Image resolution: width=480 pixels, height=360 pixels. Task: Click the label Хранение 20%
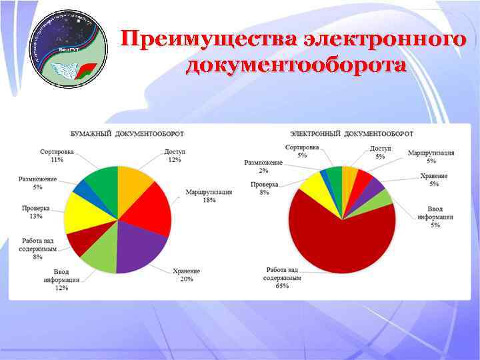186,275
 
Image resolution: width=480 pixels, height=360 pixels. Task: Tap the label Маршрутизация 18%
209,196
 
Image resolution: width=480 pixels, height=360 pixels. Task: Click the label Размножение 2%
263,166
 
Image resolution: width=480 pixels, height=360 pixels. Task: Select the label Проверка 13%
35,212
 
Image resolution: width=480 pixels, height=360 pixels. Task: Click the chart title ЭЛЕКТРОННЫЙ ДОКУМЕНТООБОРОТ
352,134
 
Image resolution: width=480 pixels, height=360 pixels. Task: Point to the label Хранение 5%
434,180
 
